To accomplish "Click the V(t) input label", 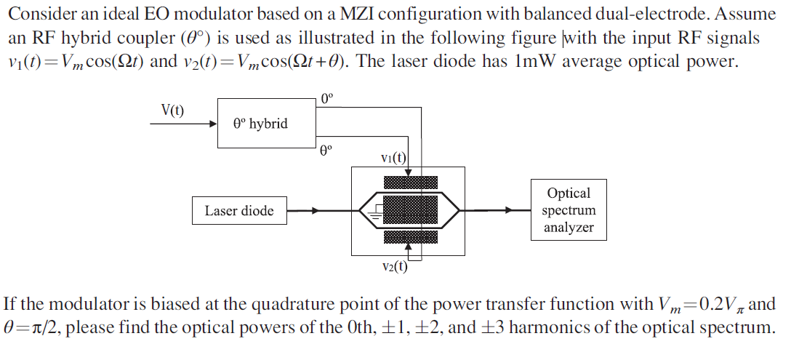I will [x=172, y=111].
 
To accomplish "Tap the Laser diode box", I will [x=239, y=211].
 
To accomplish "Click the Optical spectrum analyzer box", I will [x=569, y=210].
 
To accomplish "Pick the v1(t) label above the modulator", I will [x=393, y=158].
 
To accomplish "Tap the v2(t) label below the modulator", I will [x=394, y=265].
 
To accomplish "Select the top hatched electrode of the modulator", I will [x=411, y=182].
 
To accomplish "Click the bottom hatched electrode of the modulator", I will [x=411, y=238].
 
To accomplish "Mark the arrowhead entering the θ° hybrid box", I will [x=213, y=124].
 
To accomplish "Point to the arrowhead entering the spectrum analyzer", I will [x=526, y=211].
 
